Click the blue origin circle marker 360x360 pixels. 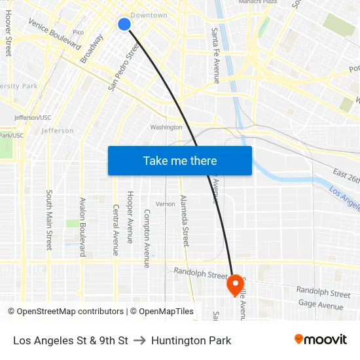[x=124, y=24]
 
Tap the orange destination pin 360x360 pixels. [x=235, y=285]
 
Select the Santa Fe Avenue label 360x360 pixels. [x=215, y=56]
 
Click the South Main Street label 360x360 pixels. [x=49, y=220]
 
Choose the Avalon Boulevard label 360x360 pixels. [x=82, y=227]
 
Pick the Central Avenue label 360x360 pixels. [x=115, y=230]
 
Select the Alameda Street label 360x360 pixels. [x=185, y=221]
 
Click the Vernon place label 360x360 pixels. [x=165, y=204]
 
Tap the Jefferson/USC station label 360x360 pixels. [x=33, y=118]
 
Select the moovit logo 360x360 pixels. [x=321, y=340]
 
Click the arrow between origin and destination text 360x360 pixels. [x=139, y=340]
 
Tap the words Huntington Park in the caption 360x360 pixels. [x=191, y=340]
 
